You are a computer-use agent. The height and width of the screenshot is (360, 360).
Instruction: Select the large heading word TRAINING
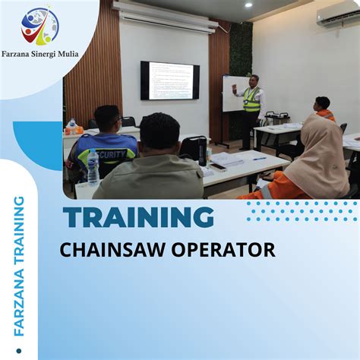138,218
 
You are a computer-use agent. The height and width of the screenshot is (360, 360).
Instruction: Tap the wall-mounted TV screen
170,81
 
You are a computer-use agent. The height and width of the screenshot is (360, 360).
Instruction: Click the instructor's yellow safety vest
251,99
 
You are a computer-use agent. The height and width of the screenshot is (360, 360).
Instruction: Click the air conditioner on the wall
337,16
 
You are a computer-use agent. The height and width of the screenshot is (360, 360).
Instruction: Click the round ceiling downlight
248,5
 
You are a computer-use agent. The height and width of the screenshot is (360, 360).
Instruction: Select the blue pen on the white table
259,158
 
